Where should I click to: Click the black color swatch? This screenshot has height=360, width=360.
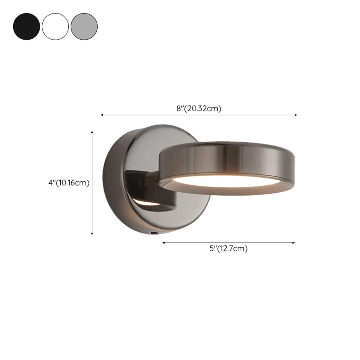point(26,27)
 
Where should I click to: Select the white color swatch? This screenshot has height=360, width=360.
point(55,27)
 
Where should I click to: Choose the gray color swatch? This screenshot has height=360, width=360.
point(84,27)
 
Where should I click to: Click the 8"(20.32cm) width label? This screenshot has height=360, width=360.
point(199,109)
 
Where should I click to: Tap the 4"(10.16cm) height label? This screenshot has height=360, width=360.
point(69,183)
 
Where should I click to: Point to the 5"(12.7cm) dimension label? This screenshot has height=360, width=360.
point(228,248)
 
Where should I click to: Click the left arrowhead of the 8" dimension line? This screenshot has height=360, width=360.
point(102,115)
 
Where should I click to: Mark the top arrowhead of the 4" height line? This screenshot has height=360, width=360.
point(92,132)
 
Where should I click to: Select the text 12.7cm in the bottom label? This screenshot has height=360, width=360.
point(232,248)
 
